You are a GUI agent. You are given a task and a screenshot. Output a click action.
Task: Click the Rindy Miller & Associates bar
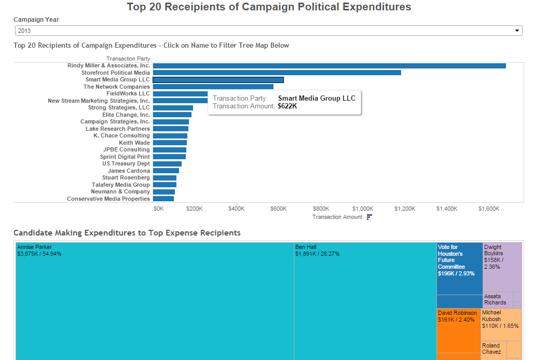point(329,66)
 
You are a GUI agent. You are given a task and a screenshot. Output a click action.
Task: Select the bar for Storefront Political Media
point(277,73)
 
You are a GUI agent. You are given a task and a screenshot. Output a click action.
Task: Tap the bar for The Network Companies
point(213,87)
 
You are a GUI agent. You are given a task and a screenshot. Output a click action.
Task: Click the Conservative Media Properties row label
point(108,199)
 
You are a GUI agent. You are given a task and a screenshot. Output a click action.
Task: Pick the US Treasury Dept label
point(126,163)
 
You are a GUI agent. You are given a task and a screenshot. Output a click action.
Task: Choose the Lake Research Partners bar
point(171,129)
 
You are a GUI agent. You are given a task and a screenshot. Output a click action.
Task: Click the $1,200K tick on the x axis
point(405,209)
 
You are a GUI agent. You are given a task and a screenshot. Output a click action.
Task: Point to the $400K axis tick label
point(236,209)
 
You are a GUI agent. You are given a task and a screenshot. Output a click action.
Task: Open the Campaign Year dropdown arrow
point(517,31)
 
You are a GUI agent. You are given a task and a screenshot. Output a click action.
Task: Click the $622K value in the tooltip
point(287,106)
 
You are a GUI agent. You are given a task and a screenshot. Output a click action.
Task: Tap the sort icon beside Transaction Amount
point(369,217)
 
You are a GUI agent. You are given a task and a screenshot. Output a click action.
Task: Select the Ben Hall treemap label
point(306,247)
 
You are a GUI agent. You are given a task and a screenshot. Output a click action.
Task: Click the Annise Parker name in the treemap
point(35,247)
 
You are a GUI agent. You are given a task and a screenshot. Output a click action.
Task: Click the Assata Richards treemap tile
point(497,299)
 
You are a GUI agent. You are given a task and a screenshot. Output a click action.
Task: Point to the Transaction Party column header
point(128,59)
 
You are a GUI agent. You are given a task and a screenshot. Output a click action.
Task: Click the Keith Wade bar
point(170,143)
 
